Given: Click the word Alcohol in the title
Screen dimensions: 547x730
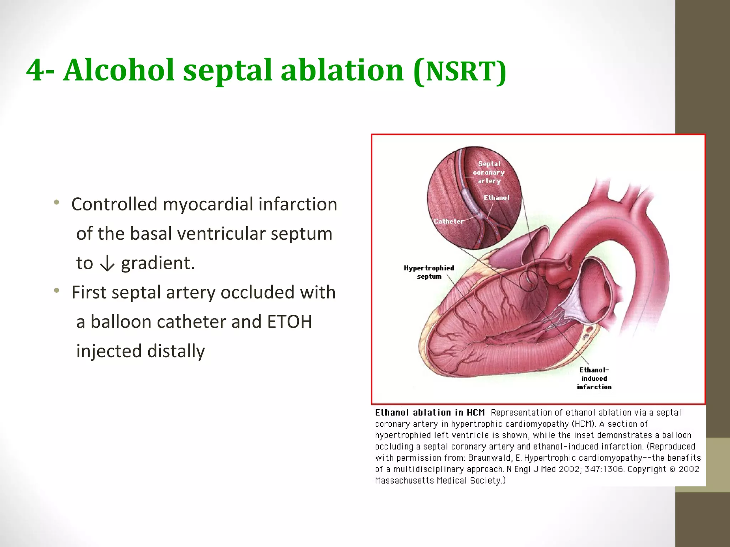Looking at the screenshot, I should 119,70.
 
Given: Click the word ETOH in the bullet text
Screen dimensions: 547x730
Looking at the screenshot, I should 289,322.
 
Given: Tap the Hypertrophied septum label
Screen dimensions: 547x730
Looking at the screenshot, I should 429,272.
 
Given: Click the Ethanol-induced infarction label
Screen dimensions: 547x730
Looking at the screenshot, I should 594,379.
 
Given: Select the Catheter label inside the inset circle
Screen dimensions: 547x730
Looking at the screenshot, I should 449,221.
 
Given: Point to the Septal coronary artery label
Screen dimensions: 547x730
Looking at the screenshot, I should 489,172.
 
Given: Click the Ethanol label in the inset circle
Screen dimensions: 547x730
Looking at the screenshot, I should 497,198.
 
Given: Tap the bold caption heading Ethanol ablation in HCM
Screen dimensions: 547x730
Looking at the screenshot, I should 430,412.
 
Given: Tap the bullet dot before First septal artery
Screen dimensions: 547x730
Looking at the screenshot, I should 56,291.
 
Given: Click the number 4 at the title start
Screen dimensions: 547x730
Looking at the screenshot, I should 35,70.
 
